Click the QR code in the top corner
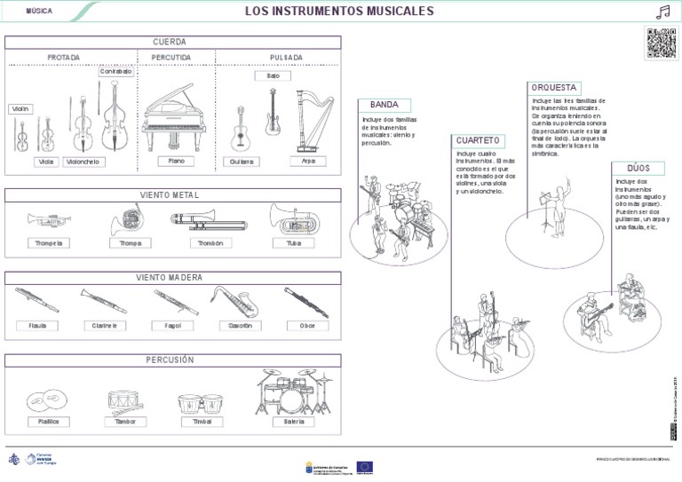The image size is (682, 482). point(660,43)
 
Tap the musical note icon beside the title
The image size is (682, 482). point(661,12)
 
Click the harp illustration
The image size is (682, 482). point(307,121)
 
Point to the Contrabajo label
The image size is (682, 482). point(115,71)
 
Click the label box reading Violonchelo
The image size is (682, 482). point(83,162)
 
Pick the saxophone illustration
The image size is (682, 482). point(235,302)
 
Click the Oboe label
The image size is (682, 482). point(308,326)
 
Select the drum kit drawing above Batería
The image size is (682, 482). point(294,392)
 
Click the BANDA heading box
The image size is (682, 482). point(385,105)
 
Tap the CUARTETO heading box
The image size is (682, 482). point(480,140)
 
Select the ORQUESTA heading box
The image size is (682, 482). point(555,88)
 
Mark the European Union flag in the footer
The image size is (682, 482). point(364,466)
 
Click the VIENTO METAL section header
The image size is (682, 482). point(172,194)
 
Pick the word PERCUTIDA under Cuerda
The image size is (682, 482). point(172,58)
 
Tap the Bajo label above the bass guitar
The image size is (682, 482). point(272,76)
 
